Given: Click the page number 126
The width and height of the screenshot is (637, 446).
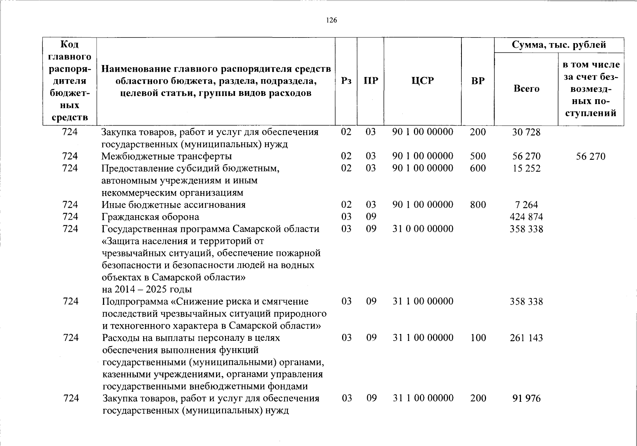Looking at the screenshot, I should [331, 20].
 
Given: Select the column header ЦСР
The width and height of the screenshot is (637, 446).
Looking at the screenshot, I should [422, 81].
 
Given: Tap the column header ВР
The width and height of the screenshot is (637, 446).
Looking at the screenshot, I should [478, 81].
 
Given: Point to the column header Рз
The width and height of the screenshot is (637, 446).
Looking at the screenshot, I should [346, 81].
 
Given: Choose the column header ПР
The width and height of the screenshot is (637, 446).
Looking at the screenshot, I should [370, 81].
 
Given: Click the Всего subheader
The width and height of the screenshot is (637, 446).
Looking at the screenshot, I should [526, 88].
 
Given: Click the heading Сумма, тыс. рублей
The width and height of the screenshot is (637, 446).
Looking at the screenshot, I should [559, 45].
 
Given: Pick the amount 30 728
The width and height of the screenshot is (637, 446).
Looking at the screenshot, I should [526, 132].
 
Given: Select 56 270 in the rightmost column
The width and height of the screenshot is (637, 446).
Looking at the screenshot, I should [591, 156].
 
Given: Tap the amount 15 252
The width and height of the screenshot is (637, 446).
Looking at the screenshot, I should [526, 168].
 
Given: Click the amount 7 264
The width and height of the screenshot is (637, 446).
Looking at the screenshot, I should [526, 205].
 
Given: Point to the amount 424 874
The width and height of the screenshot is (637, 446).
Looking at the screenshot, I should [526, 217].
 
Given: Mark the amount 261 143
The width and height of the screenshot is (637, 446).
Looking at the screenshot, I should [526, 338].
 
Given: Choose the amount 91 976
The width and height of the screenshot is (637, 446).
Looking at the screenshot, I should [526, 398].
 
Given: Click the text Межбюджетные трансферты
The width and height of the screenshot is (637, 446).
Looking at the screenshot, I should [167, 156].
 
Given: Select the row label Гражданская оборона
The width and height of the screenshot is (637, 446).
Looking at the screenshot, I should [150, 217].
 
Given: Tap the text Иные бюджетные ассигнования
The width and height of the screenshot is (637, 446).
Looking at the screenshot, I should [174, 205].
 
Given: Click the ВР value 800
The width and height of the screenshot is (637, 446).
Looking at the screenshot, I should [478, 205].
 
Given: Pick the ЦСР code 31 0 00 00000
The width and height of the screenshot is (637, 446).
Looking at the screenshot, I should [423, 229].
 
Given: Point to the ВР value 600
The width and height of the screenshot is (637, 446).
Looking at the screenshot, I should [478, 168].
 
